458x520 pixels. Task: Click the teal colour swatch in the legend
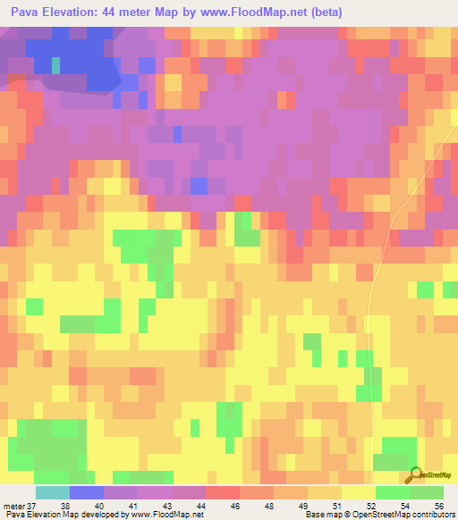pos(52,492)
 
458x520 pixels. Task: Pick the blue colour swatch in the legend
pos(86,492)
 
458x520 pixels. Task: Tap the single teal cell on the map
pos(56,65)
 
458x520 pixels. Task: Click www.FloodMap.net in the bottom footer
pos(166,515)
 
